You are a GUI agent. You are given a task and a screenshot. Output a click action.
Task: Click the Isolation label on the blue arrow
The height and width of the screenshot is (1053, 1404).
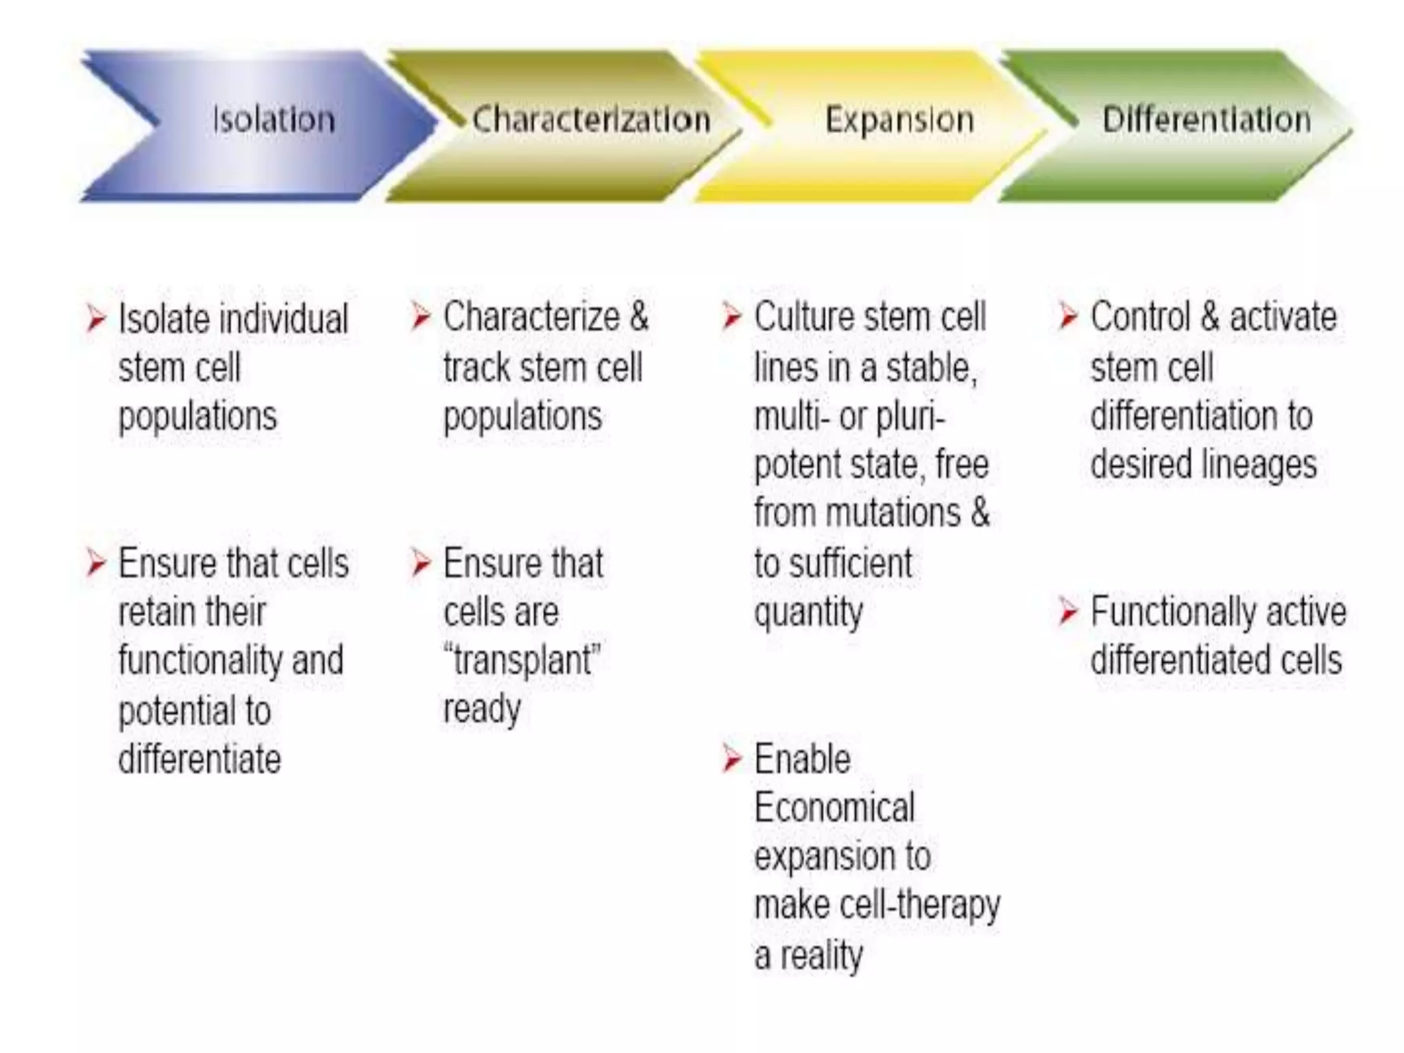(274, 120)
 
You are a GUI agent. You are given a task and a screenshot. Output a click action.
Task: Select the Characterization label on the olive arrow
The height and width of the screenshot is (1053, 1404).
(591, 120)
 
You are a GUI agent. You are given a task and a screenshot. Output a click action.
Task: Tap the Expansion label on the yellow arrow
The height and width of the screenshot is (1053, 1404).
(899, 120)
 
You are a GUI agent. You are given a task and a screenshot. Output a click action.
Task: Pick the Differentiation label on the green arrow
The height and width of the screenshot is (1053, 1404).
(1207, 120)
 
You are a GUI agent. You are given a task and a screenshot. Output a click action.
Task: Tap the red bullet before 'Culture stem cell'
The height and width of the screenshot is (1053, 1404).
(732, 317)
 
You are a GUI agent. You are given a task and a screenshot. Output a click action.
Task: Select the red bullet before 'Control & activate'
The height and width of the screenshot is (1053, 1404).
(1068, 317)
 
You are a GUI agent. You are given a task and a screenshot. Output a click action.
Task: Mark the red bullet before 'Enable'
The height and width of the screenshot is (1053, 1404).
(732, 760)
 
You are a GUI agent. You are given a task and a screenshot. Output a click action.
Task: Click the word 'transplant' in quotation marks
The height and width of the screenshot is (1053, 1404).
(524, 660)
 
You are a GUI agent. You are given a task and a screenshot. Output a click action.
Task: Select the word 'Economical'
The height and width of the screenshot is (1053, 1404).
(834, 808)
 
